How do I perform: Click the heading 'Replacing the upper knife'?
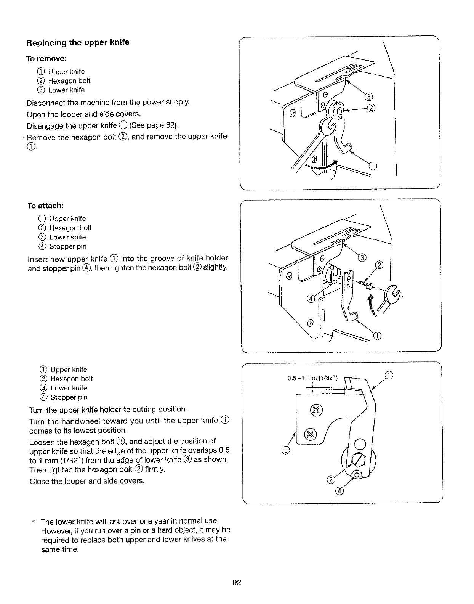[78, 42]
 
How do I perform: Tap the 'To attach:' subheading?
[45, 206]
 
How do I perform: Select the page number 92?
[237, 582]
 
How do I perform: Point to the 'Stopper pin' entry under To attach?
[68, 246]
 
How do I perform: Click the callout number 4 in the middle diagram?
[311, 299]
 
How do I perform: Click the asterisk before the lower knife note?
[34, 521]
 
